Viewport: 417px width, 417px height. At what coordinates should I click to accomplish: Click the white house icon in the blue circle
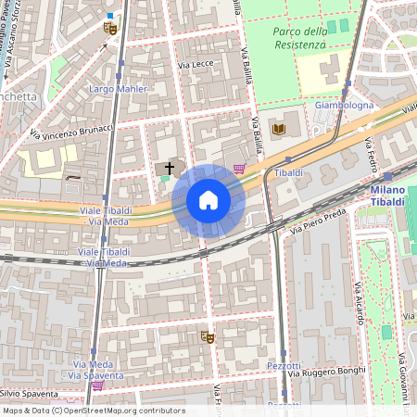pos(208,201)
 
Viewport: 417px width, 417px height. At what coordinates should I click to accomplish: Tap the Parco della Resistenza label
pos(300,38)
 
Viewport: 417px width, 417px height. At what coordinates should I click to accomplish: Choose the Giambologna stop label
pos(344,106)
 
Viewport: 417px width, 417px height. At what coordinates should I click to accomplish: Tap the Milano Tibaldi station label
pos(387,196)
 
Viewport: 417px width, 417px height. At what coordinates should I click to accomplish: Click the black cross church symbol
pos(169,168)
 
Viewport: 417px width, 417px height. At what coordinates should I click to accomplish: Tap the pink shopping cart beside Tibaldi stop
pos(241,169)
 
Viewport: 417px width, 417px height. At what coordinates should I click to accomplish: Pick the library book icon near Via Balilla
pos(279,127)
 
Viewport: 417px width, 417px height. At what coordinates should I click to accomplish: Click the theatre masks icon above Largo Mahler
pos(110,29)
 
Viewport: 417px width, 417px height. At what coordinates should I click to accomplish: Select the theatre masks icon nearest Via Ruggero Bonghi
pos(208,338)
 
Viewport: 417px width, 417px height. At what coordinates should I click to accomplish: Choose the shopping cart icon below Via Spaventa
pos(97,385)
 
